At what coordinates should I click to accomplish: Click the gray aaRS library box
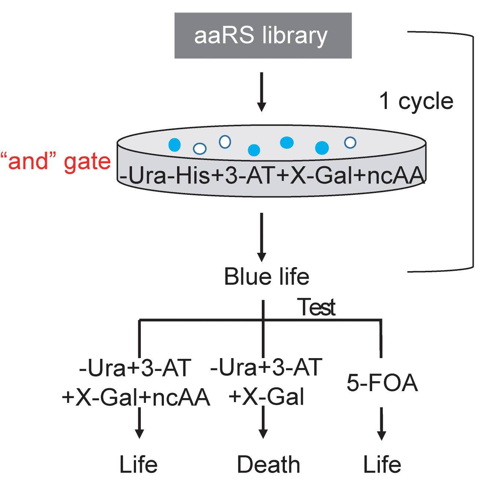(x=263, y=36)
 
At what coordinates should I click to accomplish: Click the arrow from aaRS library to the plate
(x=261, y=92)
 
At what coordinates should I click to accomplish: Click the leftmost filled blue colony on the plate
(x=175, y=145)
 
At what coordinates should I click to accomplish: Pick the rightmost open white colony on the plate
(x=350, y=142)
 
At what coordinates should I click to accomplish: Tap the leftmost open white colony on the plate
(x=200, y=149)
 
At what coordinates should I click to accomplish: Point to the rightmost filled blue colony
(x=322, y=147)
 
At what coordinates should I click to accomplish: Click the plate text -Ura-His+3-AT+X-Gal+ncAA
(x=272, y=176)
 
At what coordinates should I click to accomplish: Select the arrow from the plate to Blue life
(x=261, y=237)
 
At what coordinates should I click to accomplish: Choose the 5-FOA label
(x=382, y=383)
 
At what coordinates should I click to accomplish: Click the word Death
(x=268, y=465)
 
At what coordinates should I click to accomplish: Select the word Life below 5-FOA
(x=382, y=465)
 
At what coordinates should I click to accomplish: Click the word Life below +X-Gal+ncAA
(x=139, y=465)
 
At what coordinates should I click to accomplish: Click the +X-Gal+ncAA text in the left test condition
(x=136, y=397)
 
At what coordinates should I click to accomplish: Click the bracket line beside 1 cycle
(x=473, y=150)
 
